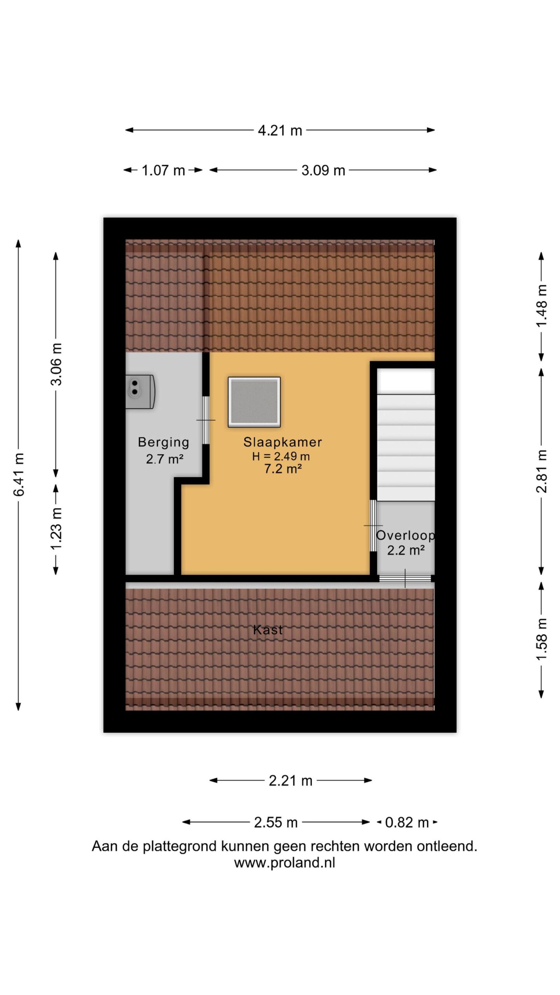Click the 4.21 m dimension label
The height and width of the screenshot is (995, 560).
click(280, 130)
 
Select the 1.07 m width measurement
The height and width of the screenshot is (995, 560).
click(163, 170)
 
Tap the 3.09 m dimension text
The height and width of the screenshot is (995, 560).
click(323, 170)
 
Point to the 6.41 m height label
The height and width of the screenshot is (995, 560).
click(19, 474)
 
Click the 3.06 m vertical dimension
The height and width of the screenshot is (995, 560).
click(56, 364)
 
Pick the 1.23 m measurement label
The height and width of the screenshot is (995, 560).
click(56, 529)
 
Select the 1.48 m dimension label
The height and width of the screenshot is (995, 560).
click(542, 306)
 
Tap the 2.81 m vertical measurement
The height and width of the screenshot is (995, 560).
click(542, 471)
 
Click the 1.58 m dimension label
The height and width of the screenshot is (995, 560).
click(542, 639)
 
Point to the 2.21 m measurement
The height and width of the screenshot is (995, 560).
click(290, 780)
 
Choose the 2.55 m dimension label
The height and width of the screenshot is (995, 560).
click(276, 822)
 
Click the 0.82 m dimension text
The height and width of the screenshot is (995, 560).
click(407, 822)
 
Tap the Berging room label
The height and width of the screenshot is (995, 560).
click(163, 442)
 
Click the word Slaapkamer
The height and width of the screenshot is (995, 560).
click(283, 442)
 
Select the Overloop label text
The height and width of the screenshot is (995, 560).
click(405, 535)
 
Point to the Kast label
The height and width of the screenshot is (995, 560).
click(268, 630)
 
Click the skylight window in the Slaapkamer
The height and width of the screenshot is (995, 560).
click(254, 402)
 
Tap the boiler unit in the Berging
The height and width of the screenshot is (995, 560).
click(140, 391)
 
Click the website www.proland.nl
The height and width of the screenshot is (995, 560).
click(284, 863)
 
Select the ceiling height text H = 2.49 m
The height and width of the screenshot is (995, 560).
click(281, 456)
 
